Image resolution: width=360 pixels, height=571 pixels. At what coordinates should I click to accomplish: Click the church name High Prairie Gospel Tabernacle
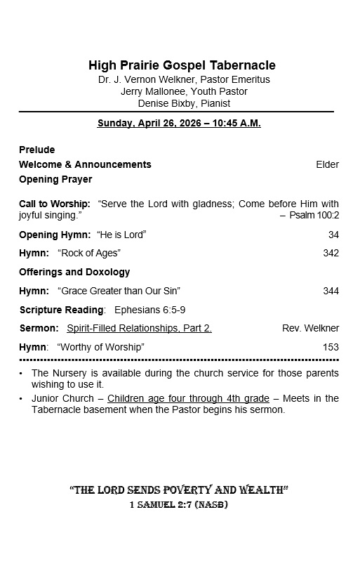coord(182,65)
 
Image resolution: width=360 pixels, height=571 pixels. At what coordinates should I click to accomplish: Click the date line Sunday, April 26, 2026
coord(179,123)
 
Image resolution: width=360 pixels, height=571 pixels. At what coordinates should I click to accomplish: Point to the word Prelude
coord(36,150)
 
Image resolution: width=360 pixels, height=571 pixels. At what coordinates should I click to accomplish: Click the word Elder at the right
coord(327,164)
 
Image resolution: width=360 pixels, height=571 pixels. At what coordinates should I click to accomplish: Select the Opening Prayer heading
coord(55,179)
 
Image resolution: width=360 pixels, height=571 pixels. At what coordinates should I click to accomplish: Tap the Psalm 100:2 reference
coord(314,215)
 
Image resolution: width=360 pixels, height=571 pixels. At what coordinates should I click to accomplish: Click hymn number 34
coord(333,235)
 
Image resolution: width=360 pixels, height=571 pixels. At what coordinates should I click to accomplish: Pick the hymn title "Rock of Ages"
coord(89,253)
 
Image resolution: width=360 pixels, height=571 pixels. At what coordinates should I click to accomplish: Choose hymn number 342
coord(331,253)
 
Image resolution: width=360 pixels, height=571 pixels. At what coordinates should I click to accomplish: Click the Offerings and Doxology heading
coord(74,272)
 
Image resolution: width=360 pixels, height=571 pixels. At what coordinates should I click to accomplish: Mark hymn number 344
coord(331,291)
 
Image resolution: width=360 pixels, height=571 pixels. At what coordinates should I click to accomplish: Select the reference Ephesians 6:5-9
coord(149,310)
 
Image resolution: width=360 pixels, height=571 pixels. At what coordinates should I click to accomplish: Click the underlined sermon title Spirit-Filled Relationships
coord(139,328)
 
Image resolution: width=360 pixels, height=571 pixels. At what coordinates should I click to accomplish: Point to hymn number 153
coord(331,347)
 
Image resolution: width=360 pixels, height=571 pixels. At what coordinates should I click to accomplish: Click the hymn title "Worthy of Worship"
coord(100,347)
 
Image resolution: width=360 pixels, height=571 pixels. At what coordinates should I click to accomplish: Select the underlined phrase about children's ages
coord(188,398)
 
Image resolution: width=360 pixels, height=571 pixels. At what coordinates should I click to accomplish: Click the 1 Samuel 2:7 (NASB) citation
coord(179,505)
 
